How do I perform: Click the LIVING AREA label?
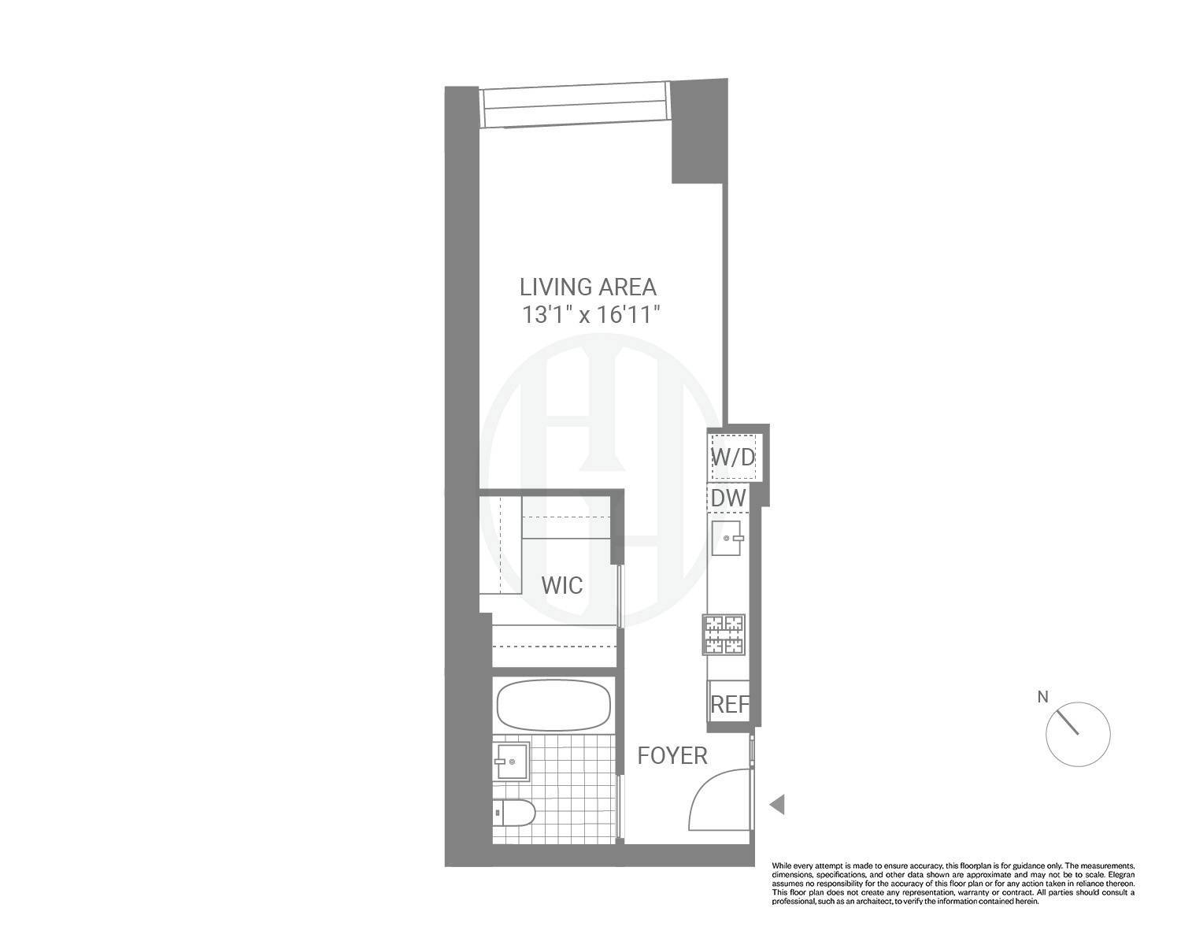coord(588,287)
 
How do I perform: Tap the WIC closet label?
coord(562,586)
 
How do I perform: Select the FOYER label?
coord(672,756)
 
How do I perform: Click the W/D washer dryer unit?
coord(733,457)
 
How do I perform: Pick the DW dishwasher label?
coord(728,498)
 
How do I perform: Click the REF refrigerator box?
coord(729,704)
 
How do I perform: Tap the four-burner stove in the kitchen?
coord(724,635)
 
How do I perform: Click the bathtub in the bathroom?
coord(553,705)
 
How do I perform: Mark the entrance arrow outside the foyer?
coord(777,805)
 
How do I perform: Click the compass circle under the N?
coord(1077,734)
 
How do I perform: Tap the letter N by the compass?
coord(1043,697)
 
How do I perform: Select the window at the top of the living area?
coord(576,106)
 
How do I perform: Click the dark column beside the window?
coord(697,134)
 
